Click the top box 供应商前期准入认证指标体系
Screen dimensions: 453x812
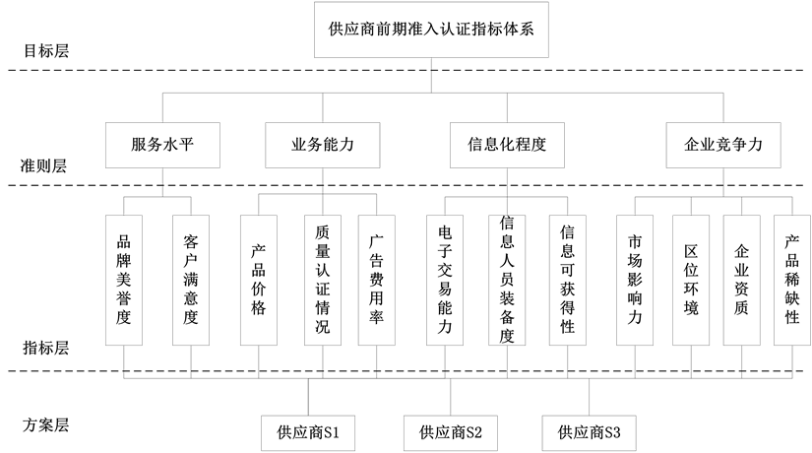click(x=431, y=30)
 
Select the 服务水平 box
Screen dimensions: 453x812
click(x=162, y=144)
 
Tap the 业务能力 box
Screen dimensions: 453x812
click(x=323, y=144)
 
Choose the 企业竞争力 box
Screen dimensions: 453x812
click(x=723, y=144)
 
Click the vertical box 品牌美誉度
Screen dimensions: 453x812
click(x=123, y=280)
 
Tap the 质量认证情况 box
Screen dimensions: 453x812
click(x=322, y=280)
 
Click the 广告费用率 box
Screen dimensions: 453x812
click(x=376, y=280)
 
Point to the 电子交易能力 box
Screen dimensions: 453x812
click(x=445, y=280)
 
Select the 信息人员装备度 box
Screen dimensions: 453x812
click(x=508, y=280)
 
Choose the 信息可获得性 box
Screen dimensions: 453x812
click(x=568, y=280)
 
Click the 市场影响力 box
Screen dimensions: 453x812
click(x=635, y=280)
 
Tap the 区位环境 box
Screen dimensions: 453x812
click(x=691, y=280)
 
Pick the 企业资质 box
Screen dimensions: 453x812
click(x=741, y=280)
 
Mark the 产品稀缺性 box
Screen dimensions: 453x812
click(x=792, y=280)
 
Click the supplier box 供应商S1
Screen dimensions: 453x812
click(x=308, y=431)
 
